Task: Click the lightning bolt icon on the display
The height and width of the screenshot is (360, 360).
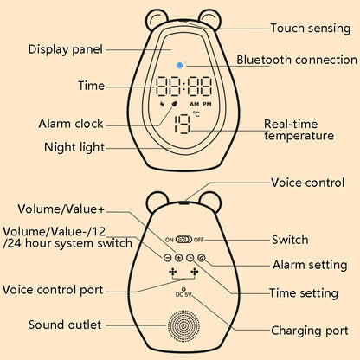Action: pyautogui.click(x=164, y=110)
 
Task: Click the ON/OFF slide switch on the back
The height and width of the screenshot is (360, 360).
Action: pyautogui.click(x=183, y=240)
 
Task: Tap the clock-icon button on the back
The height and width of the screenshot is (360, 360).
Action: pyautogui.click(x=190, y=258)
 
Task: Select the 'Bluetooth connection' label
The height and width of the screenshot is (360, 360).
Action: pyautogui.click(x=297, y=61)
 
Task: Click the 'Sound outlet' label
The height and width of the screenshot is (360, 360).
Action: pyautogui.click(x=65, y=325)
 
